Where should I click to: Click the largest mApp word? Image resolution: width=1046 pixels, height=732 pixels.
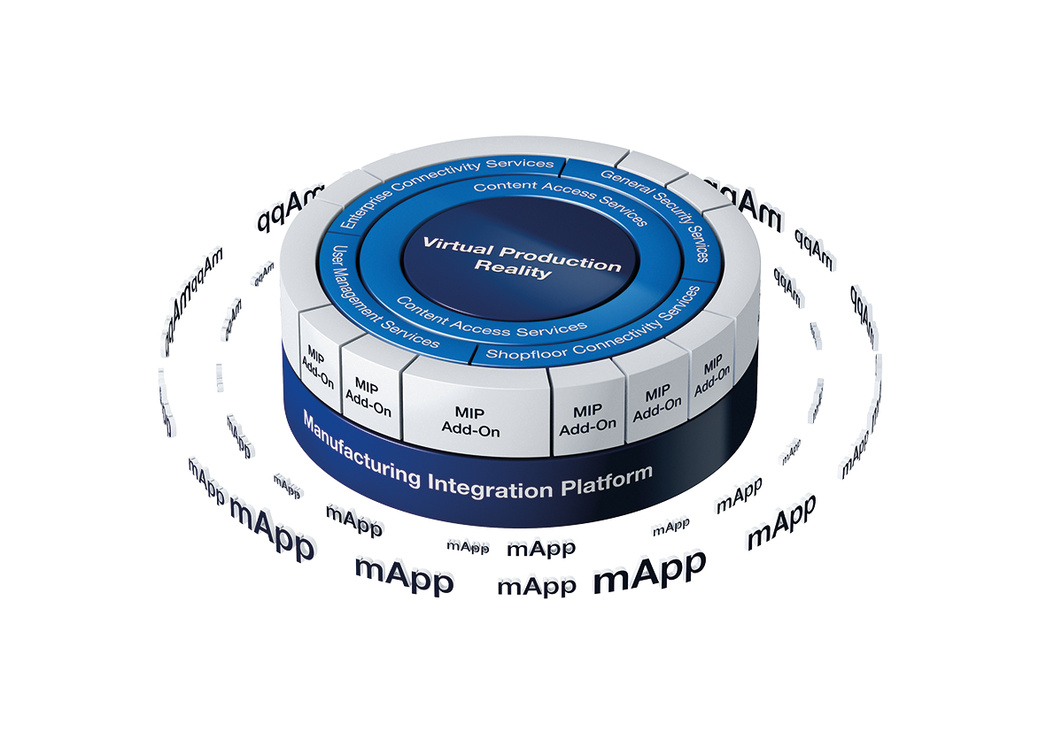[x=649, y=573]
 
